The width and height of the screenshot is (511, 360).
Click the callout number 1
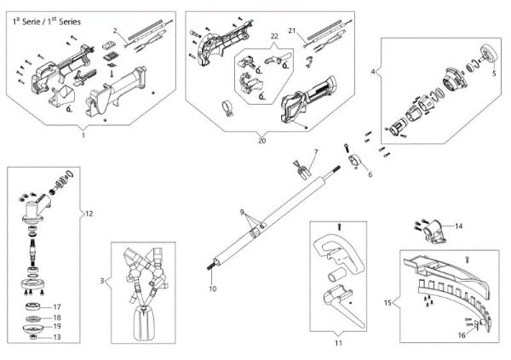coord(83,134)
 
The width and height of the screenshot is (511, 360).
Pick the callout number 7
coord(313,152)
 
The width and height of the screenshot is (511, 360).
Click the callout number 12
coord(89,214)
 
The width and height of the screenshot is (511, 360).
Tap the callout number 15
coord(388,302)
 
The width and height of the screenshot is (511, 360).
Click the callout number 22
coord(274,36)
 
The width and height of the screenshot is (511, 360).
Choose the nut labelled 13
coord(35,337)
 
